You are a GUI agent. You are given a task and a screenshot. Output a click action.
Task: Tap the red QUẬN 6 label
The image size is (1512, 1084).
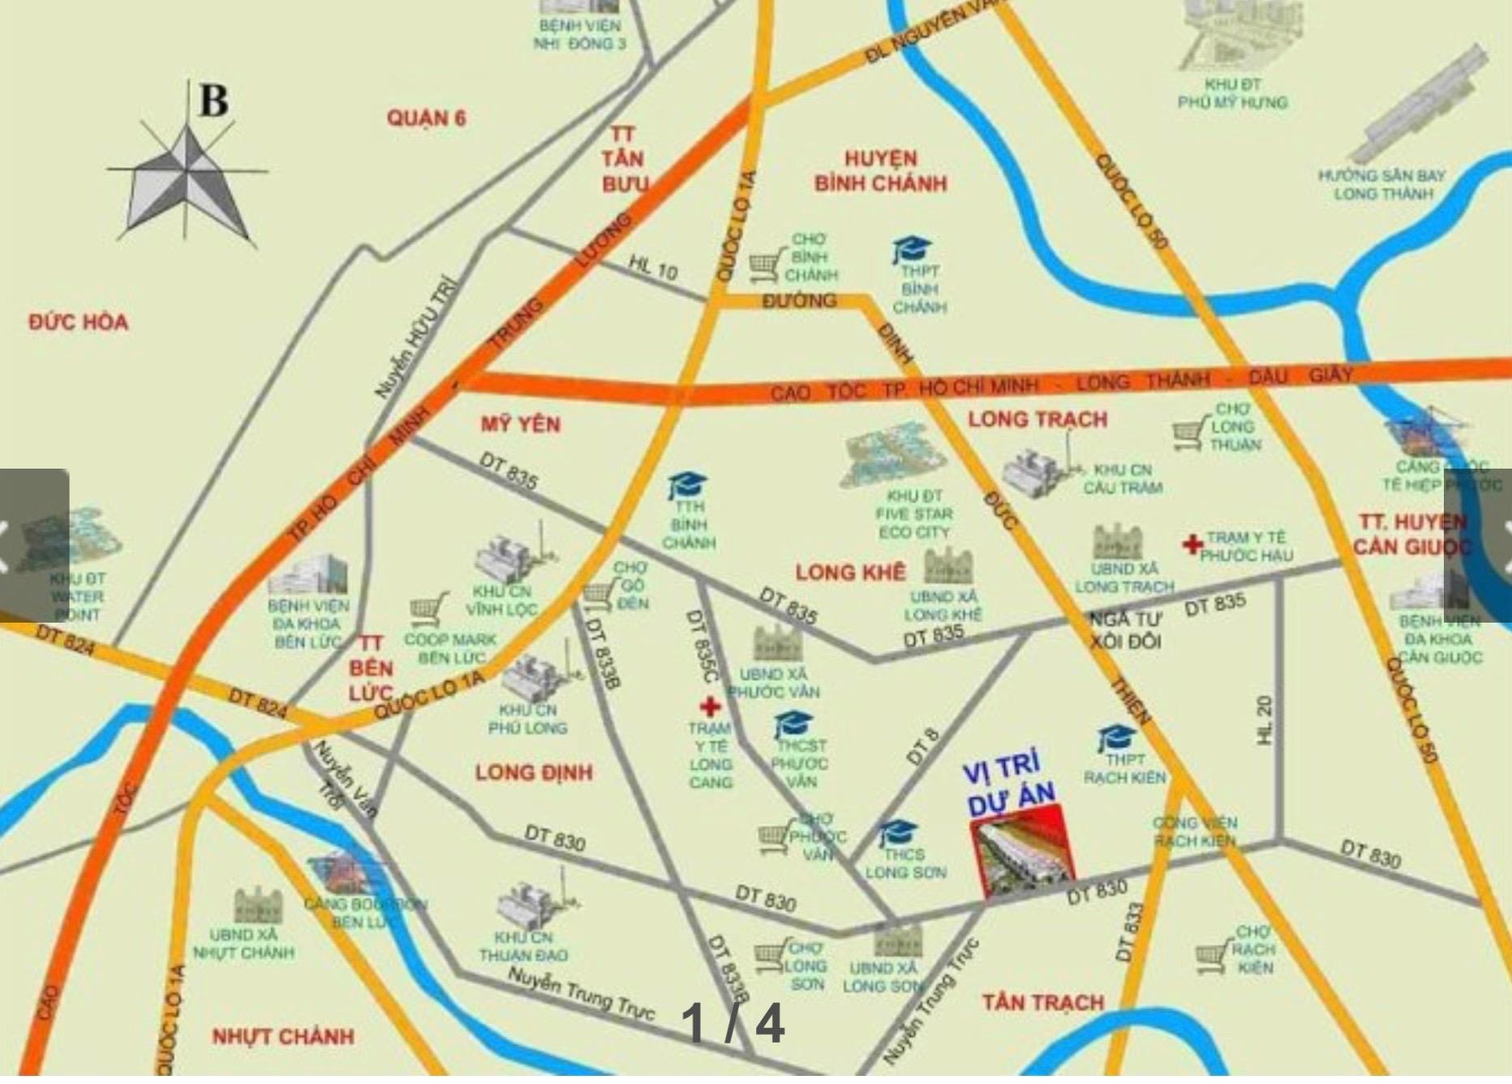[426, 118]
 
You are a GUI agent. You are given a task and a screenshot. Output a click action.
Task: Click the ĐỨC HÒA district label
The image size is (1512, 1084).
[78, 323]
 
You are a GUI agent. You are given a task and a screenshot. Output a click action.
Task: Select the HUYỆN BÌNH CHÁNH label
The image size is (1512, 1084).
[880, 171]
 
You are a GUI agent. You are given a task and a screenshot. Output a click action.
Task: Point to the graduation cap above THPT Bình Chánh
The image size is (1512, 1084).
[911, 249]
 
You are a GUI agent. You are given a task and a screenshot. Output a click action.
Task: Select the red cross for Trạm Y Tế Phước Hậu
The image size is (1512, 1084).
[1191, 544]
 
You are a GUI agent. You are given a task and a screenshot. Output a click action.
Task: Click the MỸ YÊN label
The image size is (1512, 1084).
[520, 424]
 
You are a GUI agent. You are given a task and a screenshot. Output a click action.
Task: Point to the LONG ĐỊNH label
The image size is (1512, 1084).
[534, 772]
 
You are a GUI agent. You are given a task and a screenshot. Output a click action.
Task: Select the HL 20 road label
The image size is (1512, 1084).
[1265, 720]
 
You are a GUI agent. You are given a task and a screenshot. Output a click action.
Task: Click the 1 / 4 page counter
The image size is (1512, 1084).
[732, 1023]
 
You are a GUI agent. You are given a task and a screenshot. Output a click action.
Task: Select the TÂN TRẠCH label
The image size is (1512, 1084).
[1042, 1003]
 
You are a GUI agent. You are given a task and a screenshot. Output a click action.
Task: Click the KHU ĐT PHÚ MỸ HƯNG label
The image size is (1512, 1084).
[1232, 93]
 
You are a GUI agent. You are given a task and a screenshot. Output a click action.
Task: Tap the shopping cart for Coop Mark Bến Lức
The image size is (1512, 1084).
[428, 609]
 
